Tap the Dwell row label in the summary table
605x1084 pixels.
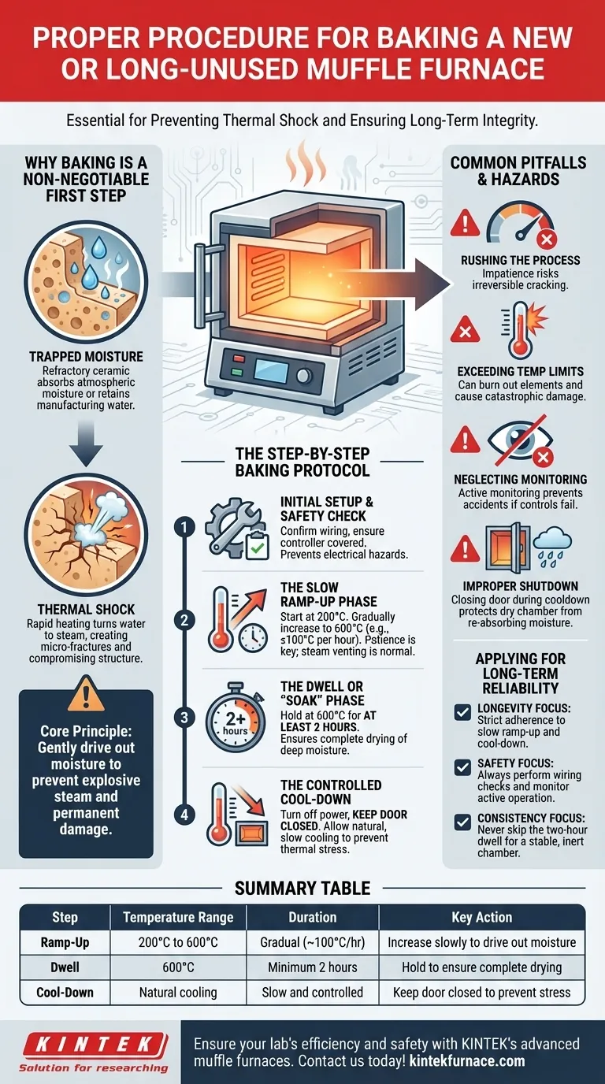[x=65, y=967]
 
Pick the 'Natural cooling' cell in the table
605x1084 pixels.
[x=178, y=992]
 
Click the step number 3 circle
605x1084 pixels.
[x=184, y=717]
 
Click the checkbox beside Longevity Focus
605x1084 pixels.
[x=463, y=712]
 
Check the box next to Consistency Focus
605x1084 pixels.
[x=463, y=822]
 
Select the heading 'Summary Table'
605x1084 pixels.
[x=302, y=888]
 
